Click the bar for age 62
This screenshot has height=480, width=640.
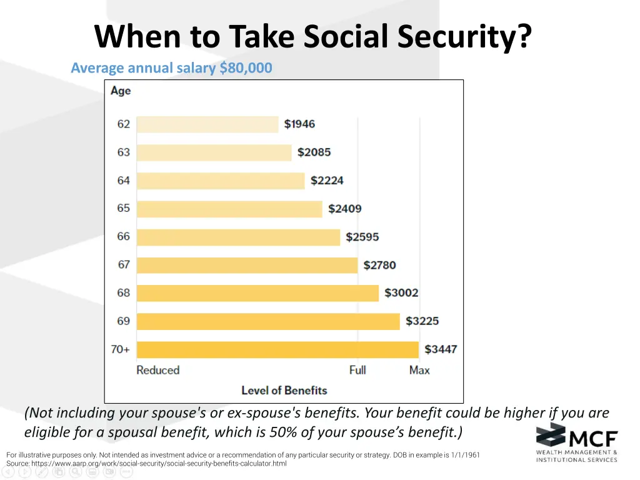pos(207,124)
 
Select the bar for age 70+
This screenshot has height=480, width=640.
pos(277,349)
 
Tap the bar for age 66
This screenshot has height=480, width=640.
pos(238,237)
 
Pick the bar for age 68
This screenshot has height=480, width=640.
pos(257,293)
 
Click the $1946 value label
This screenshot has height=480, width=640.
pos(299,124)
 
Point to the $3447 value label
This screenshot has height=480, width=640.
pos(441,349)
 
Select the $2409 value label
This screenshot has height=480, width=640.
pos(344,209)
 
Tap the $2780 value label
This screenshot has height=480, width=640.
pos(379,265)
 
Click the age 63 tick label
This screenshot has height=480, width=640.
pos(124,152)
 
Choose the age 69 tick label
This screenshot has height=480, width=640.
pos(124,321)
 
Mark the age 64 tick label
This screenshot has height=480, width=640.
pos(124,181)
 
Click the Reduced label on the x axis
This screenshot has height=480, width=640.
pos(157,370)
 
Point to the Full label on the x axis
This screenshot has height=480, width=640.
pos(357,370)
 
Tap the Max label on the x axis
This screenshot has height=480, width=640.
pos(419,370)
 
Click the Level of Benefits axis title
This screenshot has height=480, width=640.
pos(284,391)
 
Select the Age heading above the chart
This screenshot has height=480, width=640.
pos(121,91)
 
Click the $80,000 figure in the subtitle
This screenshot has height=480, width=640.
pos(246,68)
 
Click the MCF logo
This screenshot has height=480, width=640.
pos(576,442)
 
